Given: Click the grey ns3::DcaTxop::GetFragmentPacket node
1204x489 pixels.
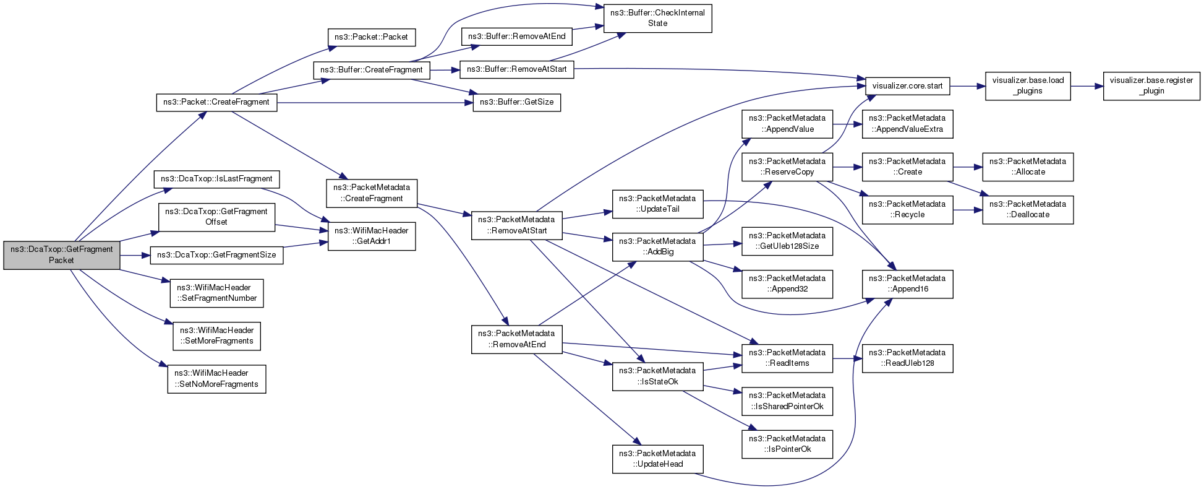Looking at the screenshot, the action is [x=62, y=255].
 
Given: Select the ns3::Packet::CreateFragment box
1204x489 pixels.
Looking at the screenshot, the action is [x=216, y=102].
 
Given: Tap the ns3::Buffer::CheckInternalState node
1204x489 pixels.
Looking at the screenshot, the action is [x=657, y=18].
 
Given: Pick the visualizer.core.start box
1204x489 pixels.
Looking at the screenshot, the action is [x=907, y=86].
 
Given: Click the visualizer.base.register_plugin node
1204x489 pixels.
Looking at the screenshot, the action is [x=1151, y=85].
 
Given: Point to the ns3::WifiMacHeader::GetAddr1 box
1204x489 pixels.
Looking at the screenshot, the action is [x=372, y=236].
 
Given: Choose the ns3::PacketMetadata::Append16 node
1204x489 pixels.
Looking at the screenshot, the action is [x=907, y=283].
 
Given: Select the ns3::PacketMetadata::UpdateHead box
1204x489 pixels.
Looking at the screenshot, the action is [x=658, y=459].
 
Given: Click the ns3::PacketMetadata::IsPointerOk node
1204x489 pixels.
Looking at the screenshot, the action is [x=787, y=444].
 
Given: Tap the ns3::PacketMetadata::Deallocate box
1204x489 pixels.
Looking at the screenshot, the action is [x=1028, y=209].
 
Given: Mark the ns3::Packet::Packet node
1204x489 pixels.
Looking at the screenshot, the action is [x=371, y=37].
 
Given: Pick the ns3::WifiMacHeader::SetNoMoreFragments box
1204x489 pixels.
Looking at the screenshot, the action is [x=216, y=379].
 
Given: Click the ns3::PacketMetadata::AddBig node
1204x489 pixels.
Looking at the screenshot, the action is [x=658, y=246].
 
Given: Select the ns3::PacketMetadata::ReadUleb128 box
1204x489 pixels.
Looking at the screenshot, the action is [x=907, y=358].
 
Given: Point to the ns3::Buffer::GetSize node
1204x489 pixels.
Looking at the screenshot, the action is [x=517, y=102].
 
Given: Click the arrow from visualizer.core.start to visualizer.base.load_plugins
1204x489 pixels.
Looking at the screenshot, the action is [x=967, y=86].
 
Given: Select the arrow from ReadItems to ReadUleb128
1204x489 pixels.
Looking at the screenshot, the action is [x=847, y=358].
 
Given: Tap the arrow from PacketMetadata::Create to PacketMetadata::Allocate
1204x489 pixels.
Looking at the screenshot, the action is [x=968, y=167].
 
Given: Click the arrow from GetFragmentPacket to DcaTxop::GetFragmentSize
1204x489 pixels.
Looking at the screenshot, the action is [x=135, y=255].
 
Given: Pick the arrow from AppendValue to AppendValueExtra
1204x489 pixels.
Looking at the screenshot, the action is [x=847, y=124].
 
